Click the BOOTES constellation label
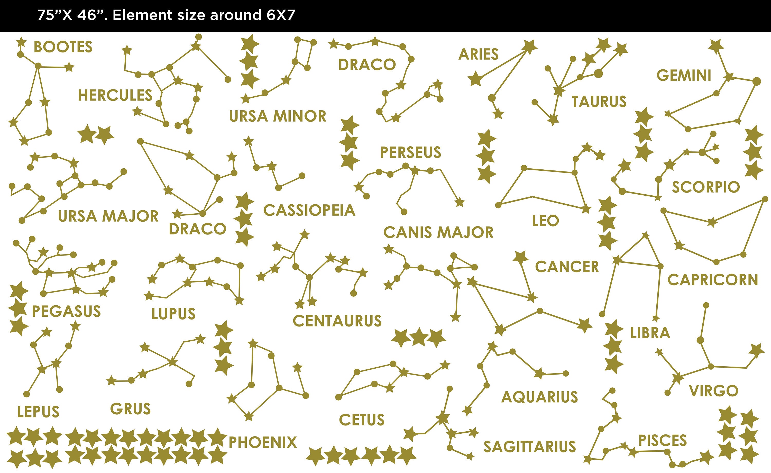pos(63,47)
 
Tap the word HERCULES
pos(115,95)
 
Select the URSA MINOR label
pos(278,116)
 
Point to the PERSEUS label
pos(410,152)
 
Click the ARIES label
pos(479,54)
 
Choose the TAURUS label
pos(599,102)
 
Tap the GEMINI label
pos(684,75)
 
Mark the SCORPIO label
pos(706,187)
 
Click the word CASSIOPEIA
pos(309,210)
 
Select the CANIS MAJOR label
pos(438,232)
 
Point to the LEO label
pos(545,221)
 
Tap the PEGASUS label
pos(66,311)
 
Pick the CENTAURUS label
pos(337,321)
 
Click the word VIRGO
pos(713,391)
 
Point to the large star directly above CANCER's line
pos(520,257)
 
